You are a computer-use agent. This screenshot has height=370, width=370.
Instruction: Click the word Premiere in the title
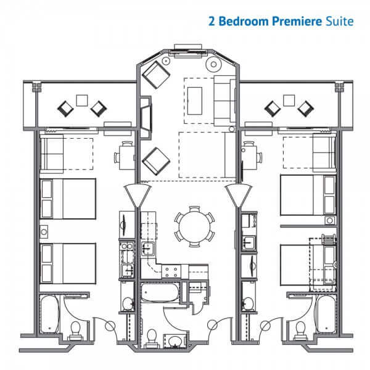tap(297, 21)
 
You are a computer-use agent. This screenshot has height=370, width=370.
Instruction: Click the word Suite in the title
tap(340, 21)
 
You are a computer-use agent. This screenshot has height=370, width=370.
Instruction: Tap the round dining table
tap(194, 227)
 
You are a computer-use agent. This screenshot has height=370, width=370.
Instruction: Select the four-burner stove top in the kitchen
tap(171, 272)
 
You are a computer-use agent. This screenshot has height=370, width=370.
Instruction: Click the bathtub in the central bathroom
tap(160, 292)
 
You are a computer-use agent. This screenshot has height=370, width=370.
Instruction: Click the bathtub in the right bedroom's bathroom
tap(326, 314)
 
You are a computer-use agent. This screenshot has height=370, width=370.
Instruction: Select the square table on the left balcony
tap(82, 101)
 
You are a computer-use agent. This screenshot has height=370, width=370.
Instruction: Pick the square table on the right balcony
tap(289, 101)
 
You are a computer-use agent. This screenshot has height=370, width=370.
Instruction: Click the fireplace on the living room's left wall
tap(146, 117)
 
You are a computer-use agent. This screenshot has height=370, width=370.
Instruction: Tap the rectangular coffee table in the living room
tap(195, 101)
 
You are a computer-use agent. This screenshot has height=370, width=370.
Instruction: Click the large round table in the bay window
tap(213, 64)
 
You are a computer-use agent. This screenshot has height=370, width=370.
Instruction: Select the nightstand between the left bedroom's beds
tap(44, 232)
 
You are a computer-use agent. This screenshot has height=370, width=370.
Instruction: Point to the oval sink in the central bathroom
tap(175, 341)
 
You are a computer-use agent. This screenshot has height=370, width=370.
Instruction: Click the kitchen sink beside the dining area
tap(148, 249)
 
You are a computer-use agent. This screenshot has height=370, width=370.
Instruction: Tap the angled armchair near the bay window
tap(156, 75)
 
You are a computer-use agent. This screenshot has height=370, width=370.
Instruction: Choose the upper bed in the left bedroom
tap(68, 199)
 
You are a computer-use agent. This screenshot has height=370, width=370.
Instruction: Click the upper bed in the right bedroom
tap(308, 195)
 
